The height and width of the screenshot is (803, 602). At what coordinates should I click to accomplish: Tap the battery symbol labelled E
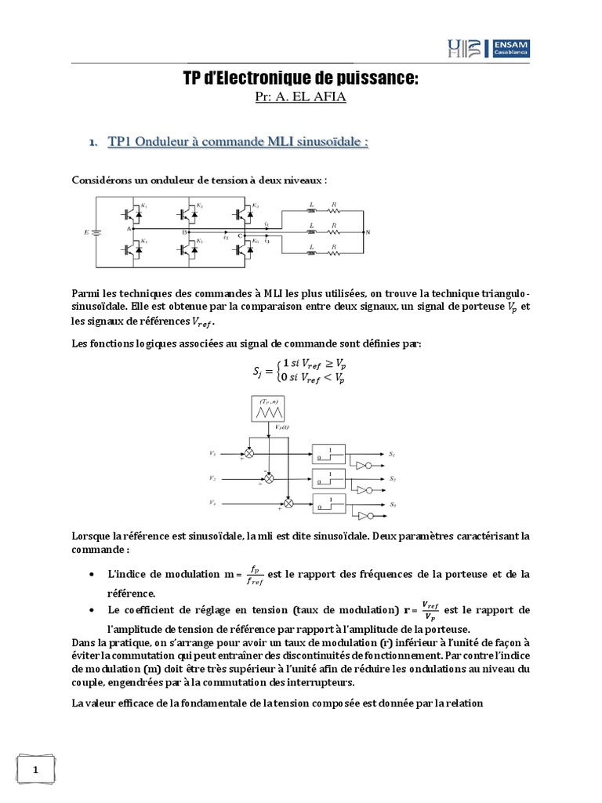[x=96, y=231]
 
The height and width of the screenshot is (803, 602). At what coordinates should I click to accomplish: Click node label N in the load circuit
[x=368, y=232]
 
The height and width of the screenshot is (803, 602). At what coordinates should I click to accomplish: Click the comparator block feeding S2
[x=330, y=478]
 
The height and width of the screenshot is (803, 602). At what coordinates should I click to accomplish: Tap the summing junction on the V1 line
[x=250, y=453]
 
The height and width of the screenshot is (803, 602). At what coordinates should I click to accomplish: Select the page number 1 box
[x=36, y=771]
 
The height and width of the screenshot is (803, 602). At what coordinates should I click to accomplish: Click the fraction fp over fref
[x=255, y=575]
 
